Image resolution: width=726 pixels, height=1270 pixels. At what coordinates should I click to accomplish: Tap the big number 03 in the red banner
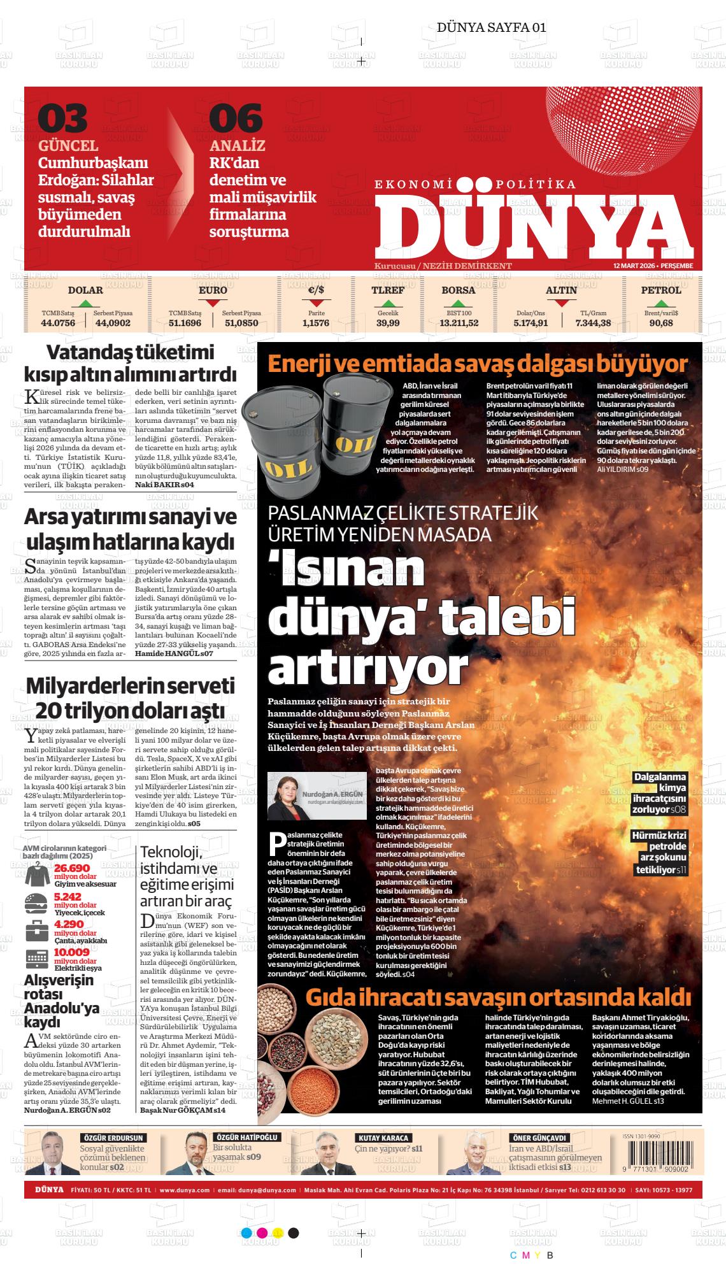pyautogui.click(x=62, y=119)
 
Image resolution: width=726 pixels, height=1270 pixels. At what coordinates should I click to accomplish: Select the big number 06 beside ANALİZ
pyautogui.click(x=236, y=119)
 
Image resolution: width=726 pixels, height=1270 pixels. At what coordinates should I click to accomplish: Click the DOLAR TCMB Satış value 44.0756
pyautogui.click(x=58, y=323)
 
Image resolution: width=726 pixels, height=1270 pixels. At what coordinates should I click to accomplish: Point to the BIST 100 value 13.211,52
pyautogui.click(x=459, y=323)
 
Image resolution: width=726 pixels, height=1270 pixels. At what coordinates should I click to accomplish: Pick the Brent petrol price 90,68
pyautogui.click(x=661, y=323)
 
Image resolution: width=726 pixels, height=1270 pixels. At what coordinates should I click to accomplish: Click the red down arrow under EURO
pyautogui.click(x=213, y=303)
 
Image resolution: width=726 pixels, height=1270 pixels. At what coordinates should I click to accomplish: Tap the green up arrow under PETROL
pyautogui.click(x=661, y=303)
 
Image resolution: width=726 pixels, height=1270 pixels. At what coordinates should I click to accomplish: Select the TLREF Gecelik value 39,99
pyautogui.click(x=388, y=323)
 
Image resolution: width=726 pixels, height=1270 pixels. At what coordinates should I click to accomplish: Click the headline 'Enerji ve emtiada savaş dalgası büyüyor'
pyautogui.click(x=469, y=364)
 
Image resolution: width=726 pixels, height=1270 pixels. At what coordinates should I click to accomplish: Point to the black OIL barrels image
pyautogui.click(x=299, y=432)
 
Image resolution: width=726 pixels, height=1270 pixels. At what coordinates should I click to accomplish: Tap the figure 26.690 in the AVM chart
pyautogui.click(x=72, y=868)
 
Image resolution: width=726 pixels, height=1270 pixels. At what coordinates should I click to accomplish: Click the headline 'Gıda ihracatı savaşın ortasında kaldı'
pyautogui.click(x=498, y=997)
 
